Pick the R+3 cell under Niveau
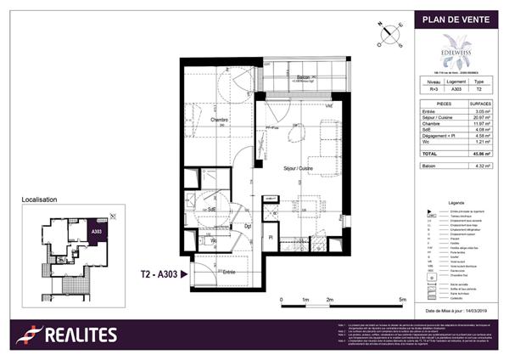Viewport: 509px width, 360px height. coord(431,87)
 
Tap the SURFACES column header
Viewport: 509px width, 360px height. coord(479,101)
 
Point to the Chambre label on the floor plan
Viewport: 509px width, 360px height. coord(221,120)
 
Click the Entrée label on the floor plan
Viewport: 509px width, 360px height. coord(229,272)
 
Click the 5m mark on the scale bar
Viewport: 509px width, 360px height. coord(403,301)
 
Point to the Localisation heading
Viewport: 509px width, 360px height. coord(39,200)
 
